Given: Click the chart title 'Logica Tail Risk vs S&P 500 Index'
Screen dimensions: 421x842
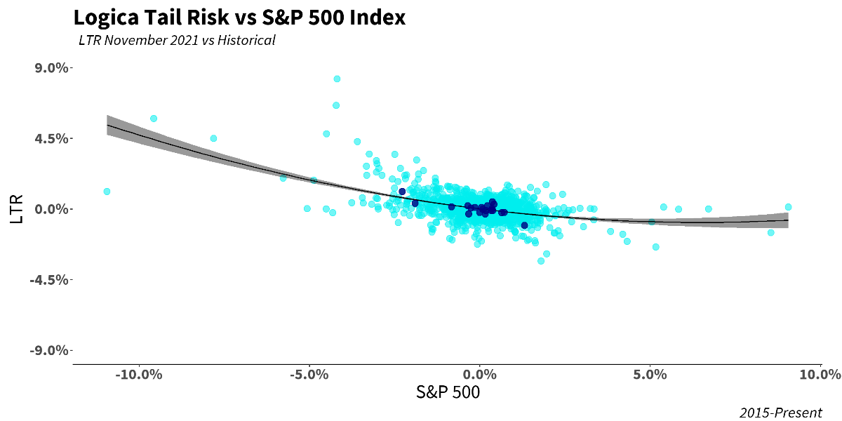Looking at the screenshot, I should click(239, 18).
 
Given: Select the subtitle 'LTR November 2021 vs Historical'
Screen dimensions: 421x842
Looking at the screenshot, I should click(177, 40).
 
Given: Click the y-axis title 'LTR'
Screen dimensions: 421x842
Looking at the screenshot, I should click(18, 209).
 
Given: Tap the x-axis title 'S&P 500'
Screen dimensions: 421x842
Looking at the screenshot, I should click(449, 392).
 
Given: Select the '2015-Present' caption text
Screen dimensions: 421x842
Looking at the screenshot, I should click(780, 413).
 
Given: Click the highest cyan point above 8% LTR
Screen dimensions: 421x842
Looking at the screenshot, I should click(337, 79).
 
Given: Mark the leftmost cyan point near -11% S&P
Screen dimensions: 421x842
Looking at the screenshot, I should click(107, 191).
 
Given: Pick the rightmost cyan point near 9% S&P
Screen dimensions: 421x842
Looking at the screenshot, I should click(788, 207).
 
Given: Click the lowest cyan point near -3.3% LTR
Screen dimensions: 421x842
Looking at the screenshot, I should click(541, 261).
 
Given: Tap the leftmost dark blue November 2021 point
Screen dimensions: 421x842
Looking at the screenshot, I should click(402, 191).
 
